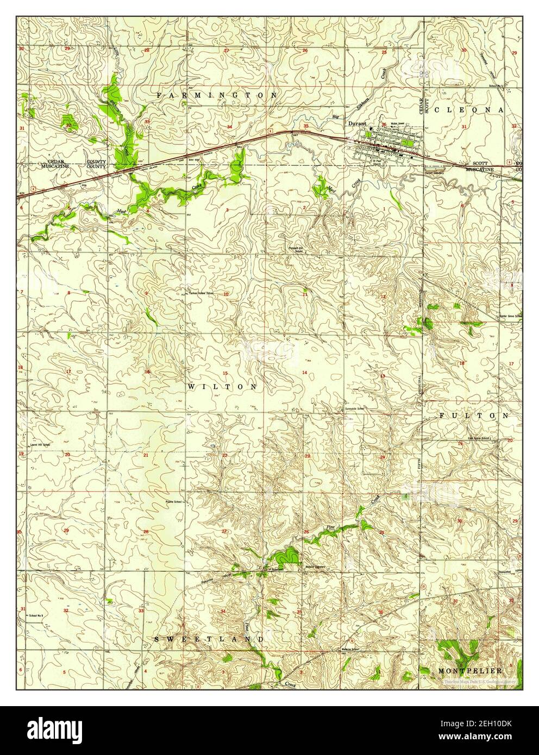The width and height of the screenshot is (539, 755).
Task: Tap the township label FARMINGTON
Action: click(x=217, y=95)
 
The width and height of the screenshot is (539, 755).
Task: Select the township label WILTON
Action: click(x=223, y=387)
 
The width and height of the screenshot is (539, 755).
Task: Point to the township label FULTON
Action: click(x=473, y=415)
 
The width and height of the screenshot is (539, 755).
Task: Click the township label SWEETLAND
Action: click(x=210, y=639)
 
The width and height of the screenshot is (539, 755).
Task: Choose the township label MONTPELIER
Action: click(x=469, y=671)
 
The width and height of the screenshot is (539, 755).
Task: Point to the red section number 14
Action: click(x=305, y=372)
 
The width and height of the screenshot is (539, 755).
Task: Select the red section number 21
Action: click(x=146, y=455)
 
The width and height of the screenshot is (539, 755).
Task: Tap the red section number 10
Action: click(x=225, y=294)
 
